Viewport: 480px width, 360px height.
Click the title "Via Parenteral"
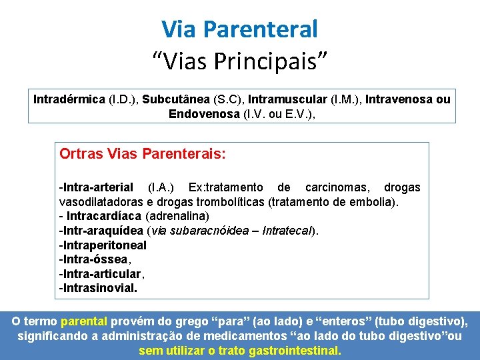coord(239,29)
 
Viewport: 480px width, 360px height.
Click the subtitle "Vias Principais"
coord(239,62)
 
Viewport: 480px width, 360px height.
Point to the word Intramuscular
coord(287,99)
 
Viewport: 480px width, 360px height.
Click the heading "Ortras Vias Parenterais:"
coord(143,154)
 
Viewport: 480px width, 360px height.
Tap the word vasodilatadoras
coord(102,202)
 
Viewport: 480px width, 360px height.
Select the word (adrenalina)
coord(177,216)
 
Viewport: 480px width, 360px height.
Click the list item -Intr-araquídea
coord(101,231)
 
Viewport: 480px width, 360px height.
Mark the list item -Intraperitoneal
coord(103,245)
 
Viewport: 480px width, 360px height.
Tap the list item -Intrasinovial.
coord(98,289)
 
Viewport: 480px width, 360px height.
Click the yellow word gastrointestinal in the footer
coord(295,351)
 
